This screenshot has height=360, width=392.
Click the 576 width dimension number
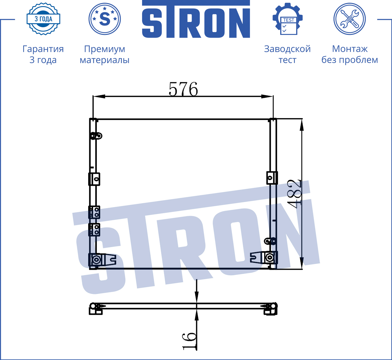pos(183,89)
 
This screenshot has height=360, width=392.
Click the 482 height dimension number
pos(295,194)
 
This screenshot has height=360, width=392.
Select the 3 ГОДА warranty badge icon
pos(43,19)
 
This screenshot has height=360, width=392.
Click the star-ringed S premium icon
pos(104,19)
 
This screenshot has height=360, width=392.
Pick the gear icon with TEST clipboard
pos(288,19)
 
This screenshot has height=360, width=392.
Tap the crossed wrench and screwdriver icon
pos(349,19)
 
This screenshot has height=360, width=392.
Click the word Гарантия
pos(43,49)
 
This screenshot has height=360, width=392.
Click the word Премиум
pos(104,49)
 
